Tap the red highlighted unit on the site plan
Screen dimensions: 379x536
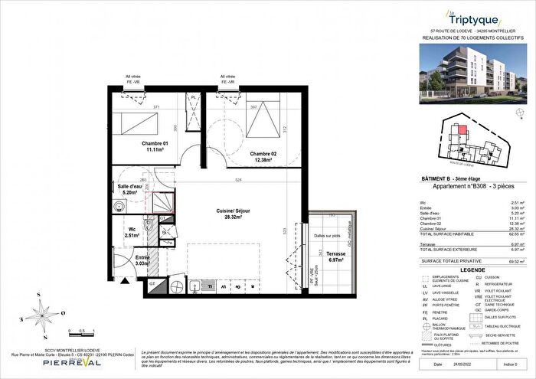tap(462, 130)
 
